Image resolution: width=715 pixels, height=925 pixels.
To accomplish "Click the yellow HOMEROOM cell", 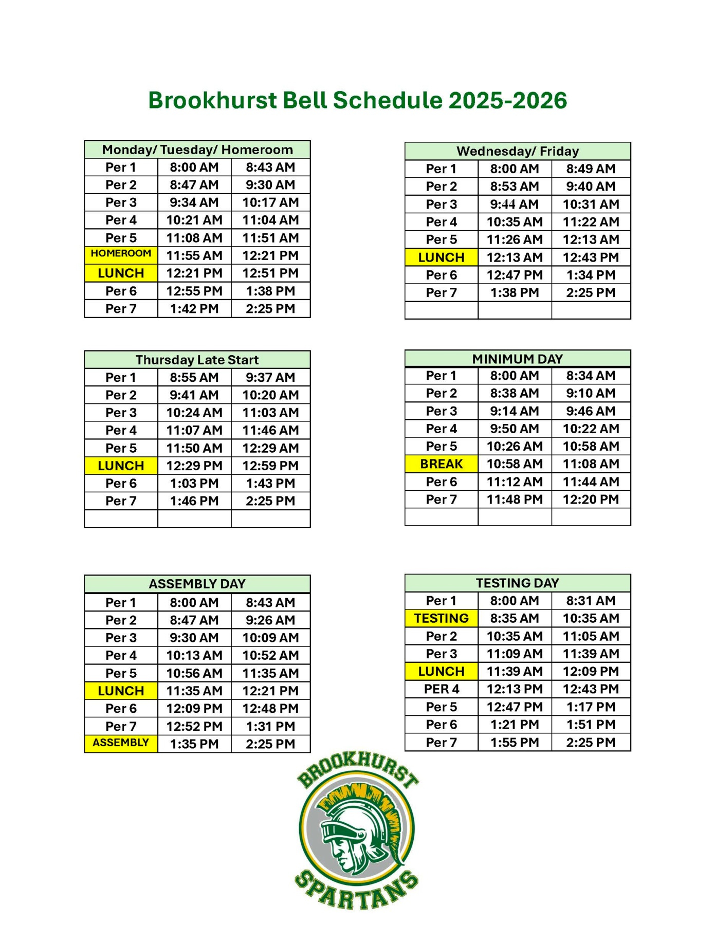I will coord(121,254).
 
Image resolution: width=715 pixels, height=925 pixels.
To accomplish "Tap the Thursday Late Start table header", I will coord(197,360).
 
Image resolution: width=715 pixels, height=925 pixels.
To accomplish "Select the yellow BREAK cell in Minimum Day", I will coord(441,464).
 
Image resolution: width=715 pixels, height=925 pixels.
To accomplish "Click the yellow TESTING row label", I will coord(441,618).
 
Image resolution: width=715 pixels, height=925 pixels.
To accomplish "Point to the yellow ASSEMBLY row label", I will coord(121,743).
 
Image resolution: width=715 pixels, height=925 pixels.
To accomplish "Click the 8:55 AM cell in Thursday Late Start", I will coord(194,378).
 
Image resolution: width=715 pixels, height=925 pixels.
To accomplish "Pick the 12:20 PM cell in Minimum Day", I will coord(591,499).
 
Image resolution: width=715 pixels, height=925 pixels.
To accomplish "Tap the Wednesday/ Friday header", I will coord(517,152).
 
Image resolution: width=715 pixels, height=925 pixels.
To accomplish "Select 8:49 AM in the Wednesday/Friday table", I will coord(591,169).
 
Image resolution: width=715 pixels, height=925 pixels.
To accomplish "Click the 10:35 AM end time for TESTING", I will coord(591,618).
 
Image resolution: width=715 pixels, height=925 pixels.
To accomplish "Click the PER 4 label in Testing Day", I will coord(441,689).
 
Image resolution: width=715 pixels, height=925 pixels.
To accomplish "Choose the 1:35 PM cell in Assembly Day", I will coord(194,744).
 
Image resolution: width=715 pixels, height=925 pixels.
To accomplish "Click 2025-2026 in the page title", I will coord(507,101).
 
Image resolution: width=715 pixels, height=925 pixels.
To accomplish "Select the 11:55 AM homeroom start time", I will coord(194,255).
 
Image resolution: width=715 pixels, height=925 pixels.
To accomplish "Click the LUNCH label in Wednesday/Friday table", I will coord(441,257).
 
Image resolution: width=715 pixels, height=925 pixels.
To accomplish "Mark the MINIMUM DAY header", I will coord(517,359).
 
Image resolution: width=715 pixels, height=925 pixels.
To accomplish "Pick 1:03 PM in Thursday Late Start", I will coord(194,484).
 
